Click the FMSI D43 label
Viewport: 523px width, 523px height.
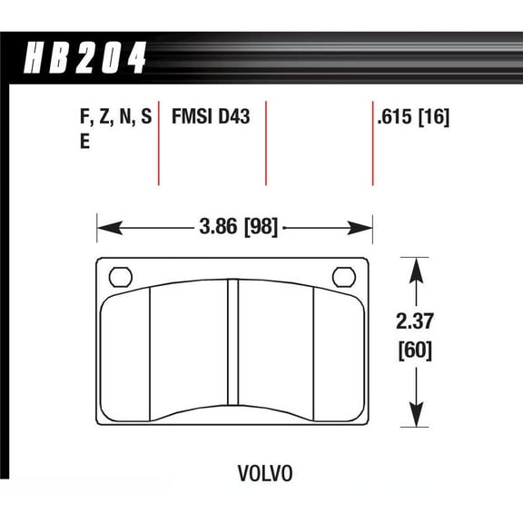point(212,118)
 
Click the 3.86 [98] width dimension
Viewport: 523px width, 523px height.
point(234,226)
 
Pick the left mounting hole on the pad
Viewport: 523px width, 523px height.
point(119,276)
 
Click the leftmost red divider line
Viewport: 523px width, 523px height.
point(159,145)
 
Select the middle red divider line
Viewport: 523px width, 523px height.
point(266,145)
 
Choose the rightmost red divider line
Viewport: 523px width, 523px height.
point(373,145)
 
